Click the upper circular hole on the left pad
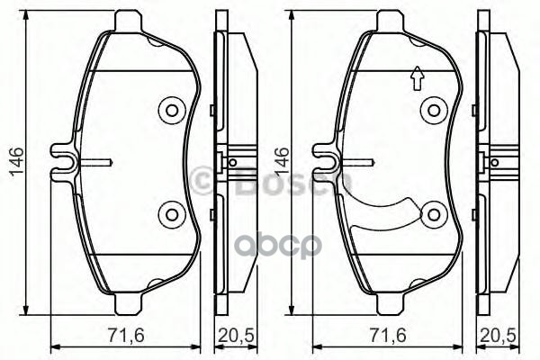170,112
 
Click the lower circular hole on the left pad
170,214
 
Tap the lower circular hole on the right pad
435,214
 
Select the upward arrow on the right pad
416,80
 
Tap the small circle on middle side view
232,163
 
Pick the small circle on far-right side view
496,163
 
